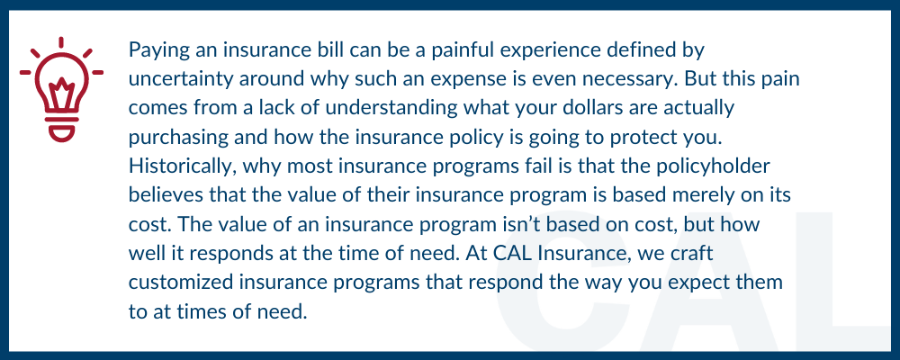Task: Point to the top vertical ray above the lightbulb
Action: (61, 43)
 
